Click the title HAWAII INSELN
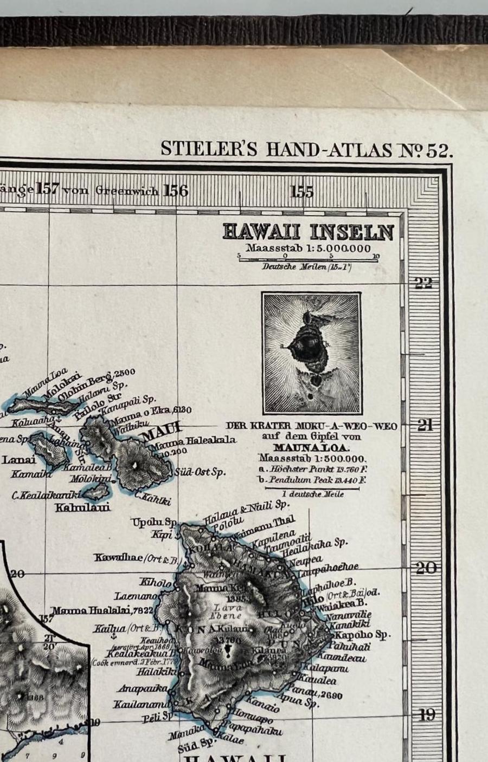(308, 232)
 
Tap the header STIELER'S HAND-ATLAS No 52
(306, 149)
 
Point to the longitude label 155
(302, 191)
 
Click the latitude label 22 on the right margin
(423, 283)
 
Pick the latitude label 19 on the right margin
(427, 715)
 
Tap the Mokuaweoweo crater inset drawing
(311, 353)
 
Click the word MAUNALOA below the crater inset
(311, 447)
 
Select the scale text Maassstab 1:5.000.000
(308, 248)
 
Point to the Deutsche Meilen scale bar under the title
(307, 259)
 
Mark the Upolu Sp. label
(153, 523)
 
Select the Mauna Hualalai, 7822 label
(104, 611)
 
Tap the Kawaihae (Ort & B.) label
(136, 558)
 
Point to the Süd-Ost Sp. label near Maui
(200, 472)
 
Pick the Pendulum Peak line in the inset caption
(312, 480)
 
